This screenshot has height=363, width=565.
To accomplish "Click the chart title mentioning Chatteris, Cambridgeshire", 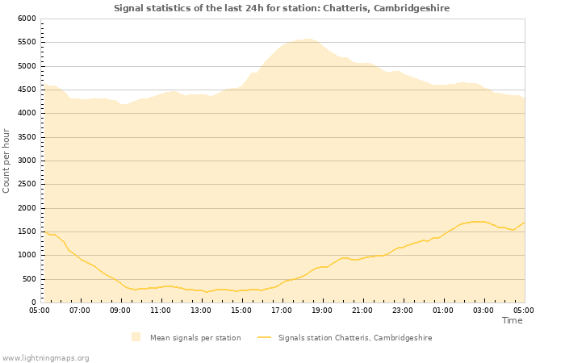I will (x=282, y=8).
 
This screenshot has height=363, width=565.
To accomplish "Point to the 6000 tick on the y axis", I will (x=27, y=19).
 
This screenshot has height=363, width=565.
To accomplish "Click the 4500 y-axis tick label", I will (x=27, y=90).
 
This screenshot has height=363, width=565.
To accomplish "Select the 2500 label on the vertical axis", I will (x=27, y=184).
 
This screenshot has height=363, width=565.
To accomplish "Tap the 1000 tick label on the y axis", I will (x=27, y=255).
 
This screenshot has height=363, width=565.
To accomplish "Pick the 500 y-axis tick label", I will (x=29, y=279).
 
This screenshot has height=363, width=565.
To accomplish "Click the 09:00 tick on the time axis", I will (x=120, y=310).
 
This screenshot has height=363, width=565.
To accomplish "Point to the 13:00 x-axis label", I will (x=201, y=310).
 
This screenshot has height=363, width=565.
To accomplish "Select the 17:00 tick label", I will (x=282, y=310).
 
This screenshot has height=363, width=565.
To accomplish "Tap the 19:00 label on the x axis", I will (x=322, y=310).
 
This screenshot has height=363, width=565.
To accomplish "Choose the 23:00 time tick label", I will (x=403, y=310).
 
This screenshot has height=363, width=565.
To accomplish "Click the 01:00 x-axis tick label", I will (x=443, y=310).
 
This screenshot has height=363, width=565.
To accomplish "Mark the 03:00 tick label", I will (x=483, y=310).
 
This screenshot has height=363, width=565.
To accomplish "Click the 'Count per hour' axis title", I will (x=7, y=160).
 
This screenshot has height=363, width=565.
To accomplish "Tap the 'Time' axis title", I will (x=512, y=320).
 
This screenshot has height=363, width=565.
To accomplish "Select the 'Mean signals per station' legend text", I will (x=195, y=338).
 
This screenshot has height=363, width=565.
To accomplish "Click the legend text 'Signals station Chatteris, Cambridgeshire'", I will (x=355, y=338).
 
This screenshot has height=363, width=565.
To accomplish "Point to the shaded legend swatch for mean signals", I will (x=136, y=337).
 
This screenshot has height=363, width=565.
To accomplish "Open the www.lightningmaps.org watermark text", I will (x=45, y=357).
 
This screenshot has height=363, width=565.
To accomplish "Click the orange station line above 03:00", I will (x=483, y=222).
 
